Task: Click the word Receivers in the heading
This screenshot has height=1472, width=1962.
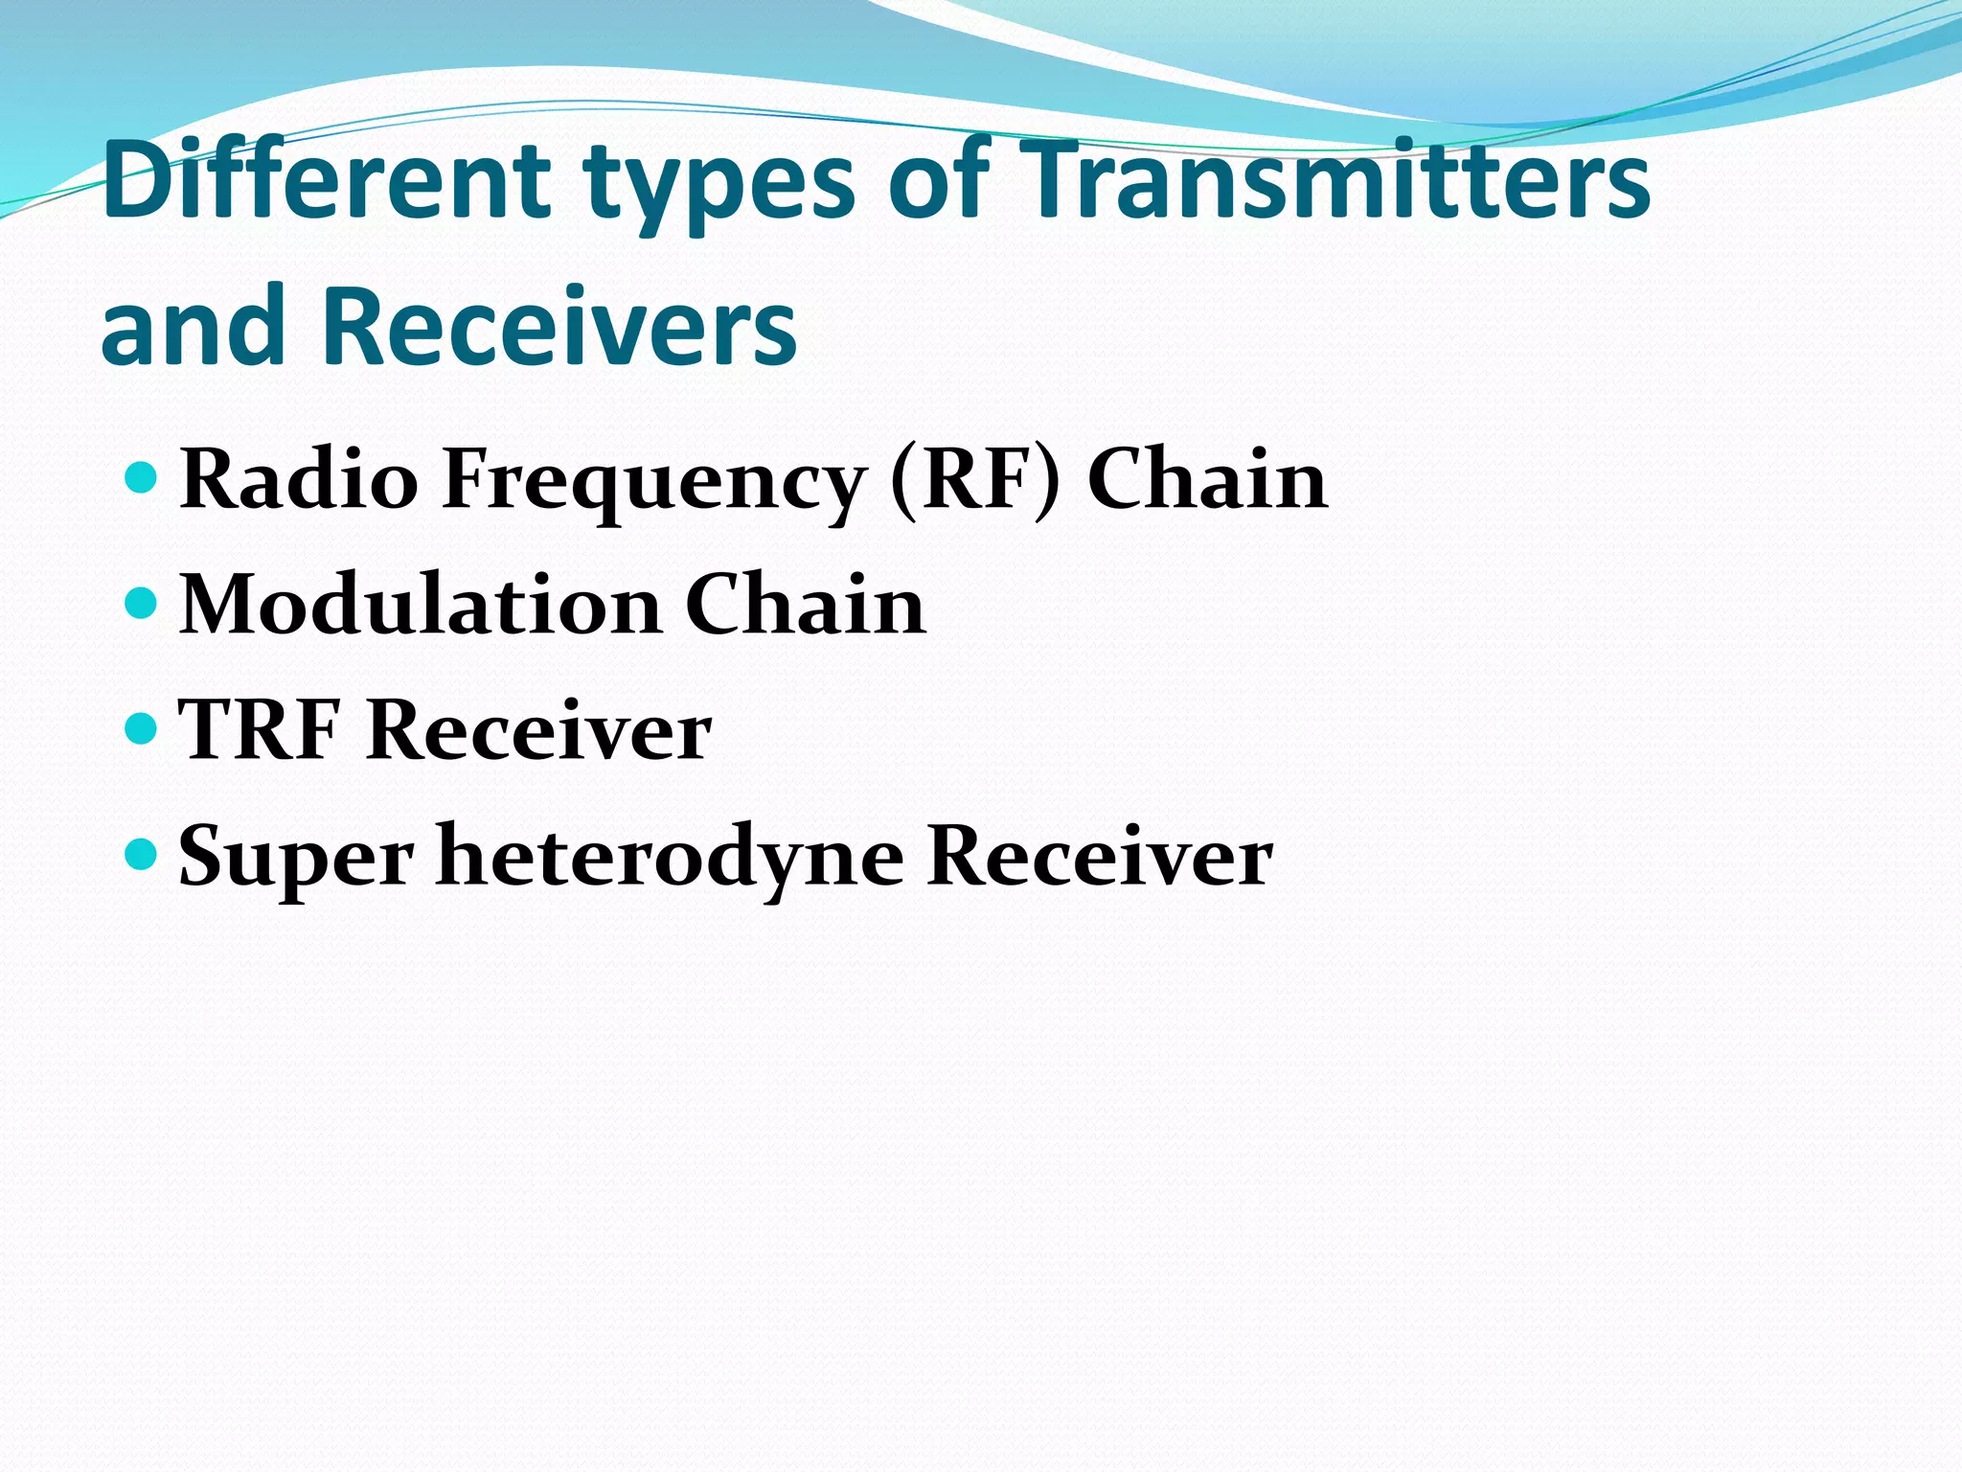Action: (x=559, y=326)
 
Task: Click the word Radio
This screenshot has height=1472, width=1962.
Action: (x=299, y=478)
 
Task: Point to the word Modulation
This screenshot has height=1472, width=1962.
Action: (x=421, y=605)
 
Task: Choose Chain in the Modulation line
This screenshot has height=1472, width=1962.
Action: (x=805, y=605)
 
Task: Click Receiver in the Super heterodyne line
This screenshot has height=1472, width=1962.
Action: (x=1100, y=856)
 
